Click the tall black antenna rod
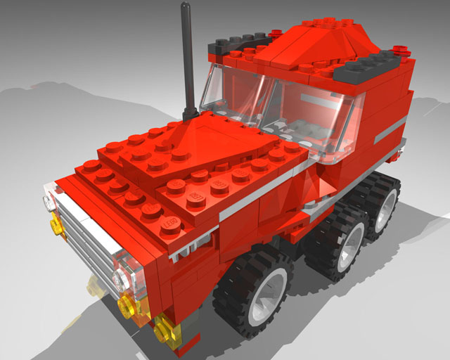(186, 56)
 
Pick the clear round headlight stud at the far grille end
(48, 203)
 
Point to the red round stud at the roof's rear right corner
(401, 50)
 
